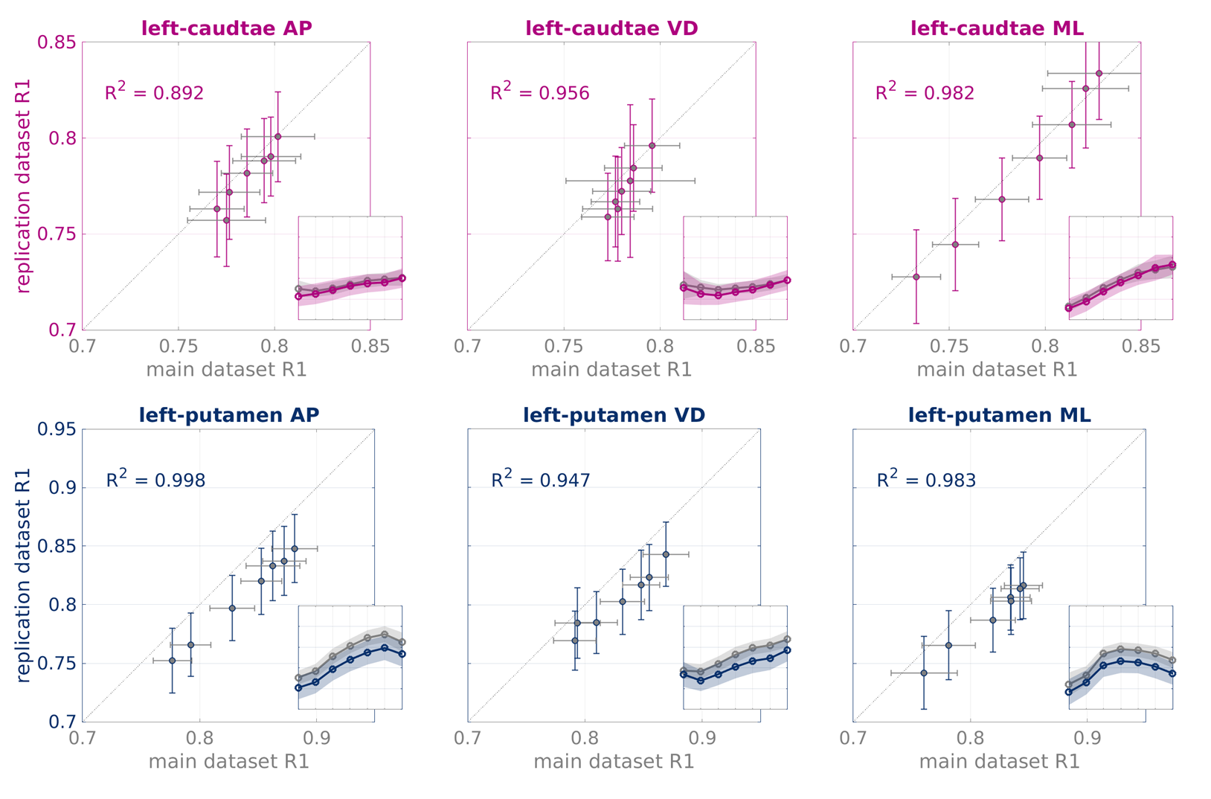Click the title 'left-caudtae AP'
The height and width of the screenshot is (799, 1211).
[x=226, y=28]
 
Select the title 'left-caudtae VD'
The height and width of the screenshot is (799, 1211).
[x=611, y=28]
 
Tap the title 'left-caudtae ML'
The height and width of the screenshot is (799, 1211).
[x=997, y=28]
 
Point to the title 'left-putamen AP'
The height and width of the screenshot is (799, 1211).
[x=228, y=415]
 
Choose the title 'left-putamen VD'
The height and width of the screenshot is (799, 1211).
[x=614, y=415]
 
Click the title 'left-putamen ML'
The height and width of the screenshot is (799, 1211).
[x=999, y=415]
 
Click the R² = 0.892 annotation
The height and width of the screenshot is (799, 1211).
[x=154, y=92]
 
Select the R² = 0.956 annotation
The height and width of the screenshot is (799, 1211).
[x=539, y=92]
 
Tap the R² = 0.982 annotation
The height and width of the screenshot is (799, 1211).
[x=925, y=92]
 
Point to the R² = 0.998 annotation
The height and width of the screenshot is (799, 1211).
[x=155, y=480]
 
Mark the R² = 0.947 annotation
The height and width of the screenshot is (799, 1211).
[x=541, y=480]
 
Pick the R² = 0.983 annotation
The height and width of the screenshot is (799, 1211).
[x=926, y=480]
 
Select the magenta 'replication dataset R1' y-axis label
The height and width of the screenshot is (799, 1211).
[x=24, y=186]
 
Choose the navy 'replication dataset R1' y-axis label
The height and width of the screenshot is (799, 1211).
[x=24, y=574]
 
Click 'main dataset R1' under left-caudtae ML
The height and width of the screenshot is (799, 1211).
[x=997, y=370]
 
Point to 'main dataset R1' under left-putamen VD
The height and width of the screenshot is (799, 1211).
[x=614, y=762]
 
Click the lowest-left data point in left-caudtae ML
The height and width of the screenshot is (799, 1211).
[x=916, y=277]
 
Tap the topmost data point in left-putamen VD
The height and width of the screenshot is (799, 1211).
[x=666, y=554]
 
